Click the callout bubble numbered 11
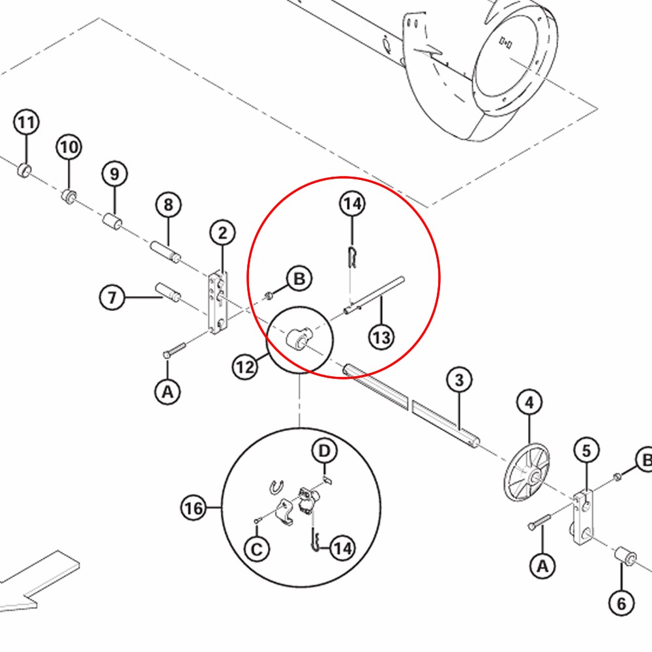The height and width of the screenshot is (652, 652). tap(26, 122)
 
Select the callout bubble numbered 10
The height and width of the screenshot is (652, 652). tap(69, 147)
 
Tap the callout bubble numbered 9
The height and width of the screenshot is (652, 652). tap(115, 174)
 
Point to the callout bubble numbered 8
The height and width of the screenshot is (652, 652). tap(168, 205)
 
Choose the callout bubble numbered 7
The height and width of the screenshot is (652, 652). tap(112, 298)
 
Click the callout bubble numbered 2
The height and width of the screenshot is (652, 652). tap(223, 233)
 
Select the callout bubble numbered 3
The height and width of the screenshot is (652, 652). tap(459, 379)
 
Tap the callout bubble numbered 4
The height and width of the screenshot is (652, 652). tap(529, 403)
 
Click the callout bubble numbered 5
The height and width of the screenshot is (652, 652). tap(586, 450)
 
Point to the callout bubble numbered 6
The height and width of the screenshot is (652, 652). tap(621, 604)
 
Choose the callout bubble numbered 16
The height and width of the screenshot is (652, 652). tap(194, 507)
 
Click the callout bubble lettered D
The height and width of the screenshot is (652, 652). tap(325, 450)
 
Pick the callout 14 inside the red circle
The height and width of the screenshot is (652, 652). tap(352, 204)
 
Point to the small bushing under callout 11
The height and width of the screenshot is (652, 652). tap(24, 171)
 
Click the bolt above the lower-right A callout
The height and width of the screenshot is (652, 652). tap(541, 523)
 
